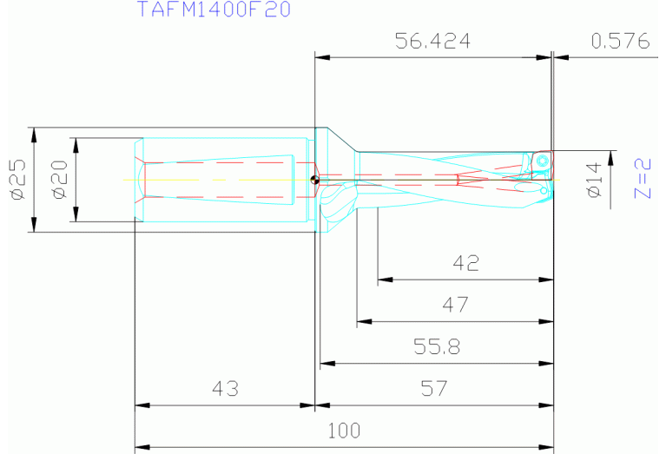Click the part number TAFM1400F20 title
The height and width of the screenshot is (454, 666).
point(213,10)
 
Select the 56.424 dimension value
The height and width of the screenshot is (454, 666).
point(432,41)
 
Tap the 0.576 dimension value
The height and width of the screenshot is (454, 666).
point(620,41)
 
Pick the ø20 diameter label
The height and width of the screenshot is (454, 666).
point(59,181)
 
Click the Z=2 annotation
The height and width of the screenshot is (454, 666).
point(643,179)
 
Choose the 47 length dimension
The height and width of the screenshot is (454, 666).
point(455,305)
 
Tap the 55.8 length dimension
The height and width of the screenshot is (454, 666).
point(437,346)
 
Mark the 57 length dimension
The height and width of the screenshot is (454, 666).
point(433,388)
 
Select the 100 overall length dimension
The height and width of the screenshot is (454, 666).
point(343,430)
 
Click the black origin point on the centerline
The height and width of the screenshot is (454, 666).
point(314,181)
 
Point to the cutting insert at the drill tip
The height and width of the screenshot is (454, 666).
point(541,161)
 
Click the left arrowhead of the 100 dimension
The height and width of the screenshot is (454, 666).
point(142,447)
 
